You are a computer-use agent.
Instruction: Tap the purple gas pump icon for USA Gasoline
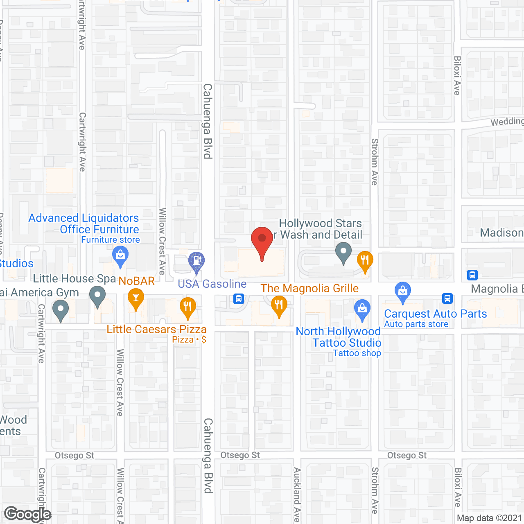(196, 260)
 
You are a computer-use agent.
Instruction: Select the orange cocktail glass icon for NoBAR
(136, 298)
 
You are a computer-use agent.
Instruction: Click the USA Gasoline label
(212, 284)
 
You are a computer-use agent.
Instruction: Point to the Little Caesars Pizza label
(156, 329)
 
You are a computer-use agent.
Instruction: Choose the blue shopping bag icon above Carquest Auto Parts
(403, 291)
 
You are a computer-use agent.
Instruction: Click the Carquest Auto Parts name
(435, 314)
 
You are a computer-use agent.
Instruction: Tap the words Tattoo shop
(357, 353)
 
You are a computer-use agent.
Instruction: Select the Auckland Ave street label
(297, 495)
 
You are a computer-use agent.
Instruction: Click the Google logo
(27, 514)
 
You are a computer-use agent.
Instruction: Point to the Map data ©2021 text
(489, 518)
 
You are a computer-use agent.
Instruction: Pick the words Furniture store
(111, 240)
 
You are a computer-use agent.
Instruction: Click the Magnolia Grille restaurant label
(309, 288)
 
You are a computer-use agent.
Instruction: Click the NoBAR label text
(137, 281)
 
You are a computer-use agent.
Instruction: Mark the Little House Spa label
(75, 278)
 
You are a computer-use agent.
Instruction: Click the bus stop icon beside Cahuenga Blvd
(239, 299)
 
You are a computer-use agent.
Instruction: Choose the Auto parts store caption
(416, 324)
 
